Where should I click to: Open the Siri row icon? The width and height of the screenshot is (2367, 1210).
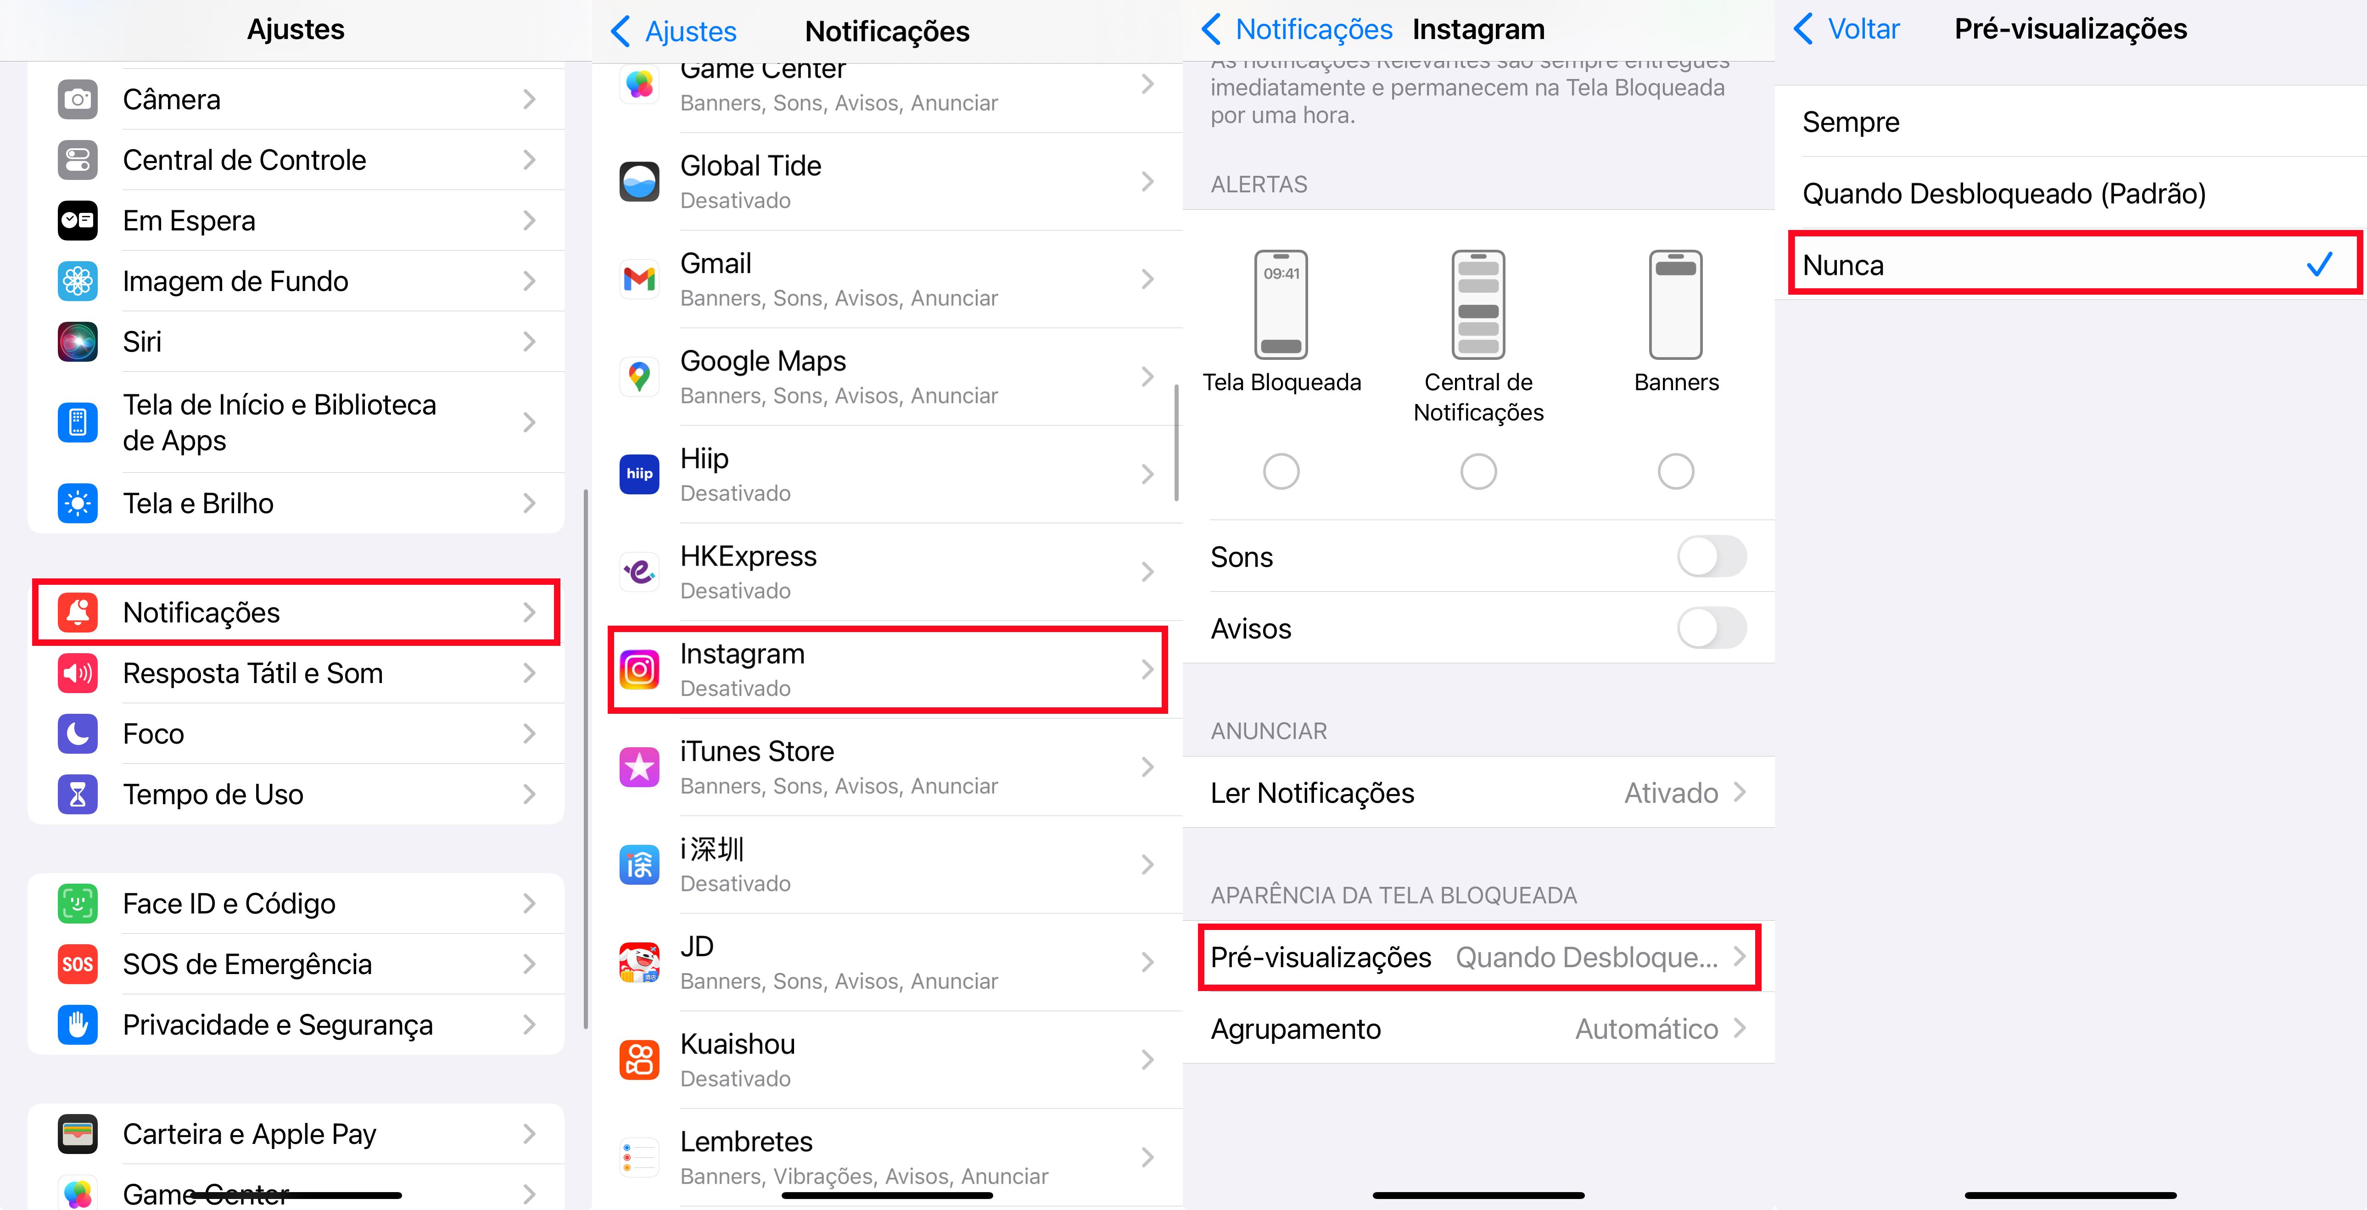click(x=78, y=342)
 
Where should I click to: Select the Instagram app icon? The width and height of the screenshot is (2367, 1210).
click(x=639, y=670)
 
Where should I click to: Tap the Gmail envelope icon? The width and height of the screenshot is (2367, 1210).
click(x=639, y=279)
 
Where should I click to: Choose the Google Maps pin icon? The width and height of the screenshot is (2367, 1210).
click(x=639, y=377)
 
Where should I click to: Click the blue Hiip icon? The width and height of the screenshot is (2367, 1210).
click(x=639, y=474)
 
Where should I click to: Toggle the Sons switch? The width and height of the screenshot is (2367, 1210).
click(x=1711, y=557)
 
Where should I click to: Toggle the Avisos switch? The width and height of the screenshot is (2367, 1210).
click(x=1711, y=628)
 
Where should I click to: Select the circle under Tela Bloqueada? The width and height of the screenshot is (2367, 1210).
click(x=1281, y=471)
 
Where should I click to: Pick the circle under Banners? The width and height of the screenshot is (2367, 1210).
click(x=1675, y=471)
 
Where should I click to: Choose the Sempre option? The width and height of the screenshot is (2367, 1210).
click(x=1851, y=122)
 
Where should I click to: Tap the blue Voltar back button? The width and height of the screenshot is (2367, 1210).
click(x=1847, y=29)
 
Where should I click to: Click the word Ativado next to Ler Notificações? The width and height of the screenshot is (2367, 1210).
click(x=1671, y=793)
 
